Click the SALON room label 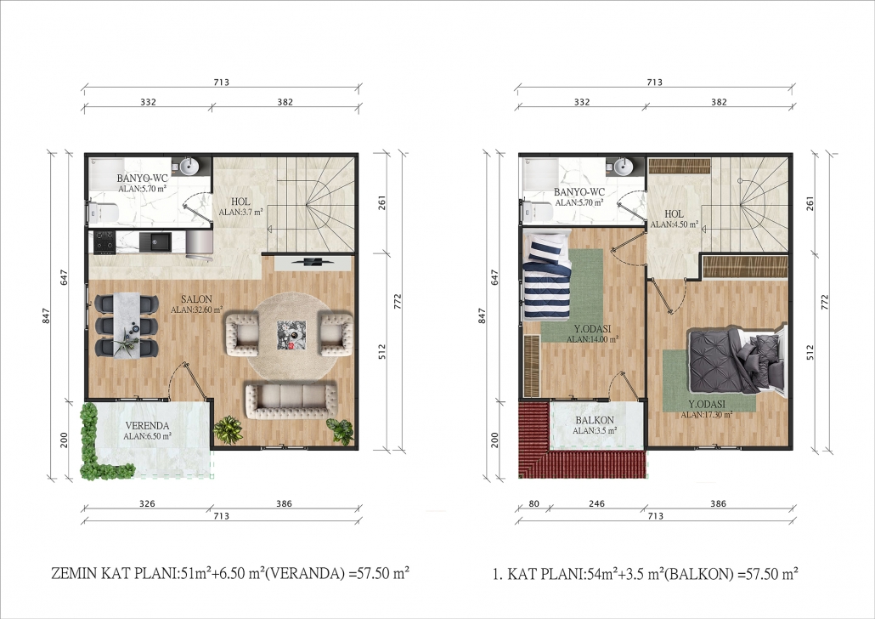(196, 299)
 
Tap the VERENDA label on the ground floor (147, 426)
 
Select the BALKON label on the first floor (595, 420)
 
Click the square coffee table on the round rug (291, 335)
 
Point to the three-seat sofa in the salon (291, 400)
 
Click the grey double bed (737, 361)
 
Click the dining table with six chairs (126, 324)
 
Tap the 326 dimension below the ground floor (147, 503)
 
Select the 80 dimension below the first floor (533, 503)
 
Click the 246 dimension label (596, 503)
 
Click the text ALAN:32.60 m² (196, 309)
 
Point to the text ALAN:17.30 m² (707, 415)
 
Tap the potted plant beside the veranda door (229, 429)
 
